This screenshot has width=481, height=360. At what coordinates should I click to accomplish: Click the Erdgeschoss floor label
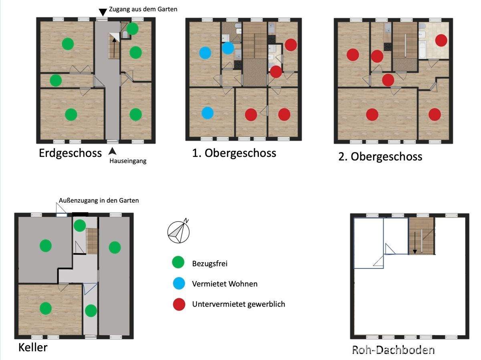(x=70, y=153)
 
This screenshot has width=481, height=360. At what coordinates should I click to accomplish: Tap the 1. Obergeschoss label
(x=234, y=153)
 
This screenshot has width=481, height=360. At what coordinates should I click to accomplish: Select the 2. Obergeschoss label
(x=380, y=157)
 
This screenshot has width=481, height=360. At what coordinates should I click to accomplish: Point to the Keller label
(x=33, y=348)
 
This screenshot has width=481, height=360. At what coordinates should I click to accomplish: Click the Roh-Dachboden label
(x=393, y=350)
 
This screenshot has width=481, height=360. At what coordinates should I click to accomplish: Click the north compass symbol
(x=179, y=231)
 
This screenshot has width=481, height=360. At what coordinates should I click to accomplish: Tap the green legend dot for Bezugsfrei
(x=178, y=262)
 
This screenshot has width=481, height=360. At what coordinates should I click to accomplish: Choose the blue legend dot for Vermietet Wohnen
(x=179, y=284)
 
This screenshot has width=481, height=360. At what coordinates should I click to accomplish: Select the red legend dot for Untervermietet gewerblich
(x=179, y=304)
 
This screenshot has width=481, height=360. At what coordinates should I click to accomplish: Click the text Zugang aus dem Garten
(x=143, y=9)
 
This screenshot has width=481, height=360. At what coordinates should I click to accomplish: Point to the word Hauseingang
(x=128, y=161)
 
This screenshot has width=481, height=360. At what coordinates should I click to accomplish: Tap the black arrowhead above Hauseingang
(x=112, y=151)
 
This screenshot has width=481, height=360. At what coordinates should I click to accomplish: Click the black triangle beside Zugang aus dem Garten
(x=103, y=12)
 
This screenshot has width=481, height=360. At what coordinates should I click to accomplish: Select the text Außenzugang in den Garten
(x=99, y=201)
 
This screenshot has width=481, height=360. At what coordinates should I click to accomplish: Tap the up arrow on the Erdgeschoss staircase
(x=114, y=48)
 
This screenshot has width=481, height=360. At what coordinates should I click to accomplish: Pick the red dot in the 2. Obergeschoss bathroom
(x=441, y=40)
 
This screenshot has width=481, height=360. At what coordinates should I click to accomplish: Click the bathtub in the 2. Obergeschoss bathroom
(x=422, y=49)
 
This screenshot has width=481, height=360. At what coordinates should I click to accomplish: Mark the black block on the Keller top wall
(x=80, y=214)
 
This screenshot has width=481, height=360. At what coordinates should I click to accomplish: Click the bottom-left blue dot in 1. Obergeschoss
(x=208, y=113)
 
